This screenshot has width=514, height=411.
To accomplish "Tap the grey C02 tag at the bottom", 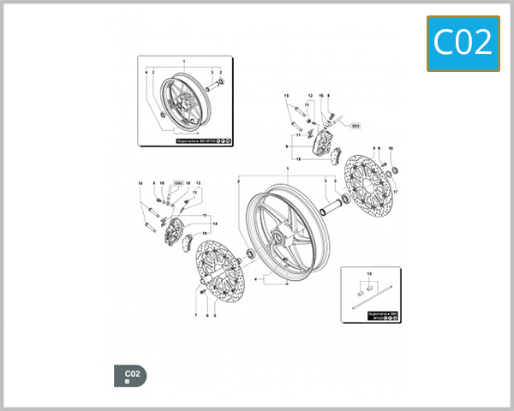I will (130, 375).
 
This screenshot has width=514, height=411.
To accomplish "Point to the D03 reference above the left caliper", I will (178, 183).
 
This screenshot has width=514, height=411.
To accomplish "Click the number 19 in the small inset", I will (369, 273).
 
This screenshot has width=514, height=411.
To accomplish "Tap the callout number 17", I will (395, 192).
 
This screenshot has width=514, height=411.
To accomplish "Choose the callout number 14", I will (216, 224).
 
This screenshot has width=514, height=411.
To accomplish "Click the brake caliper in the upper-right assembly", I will (325, 143).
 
